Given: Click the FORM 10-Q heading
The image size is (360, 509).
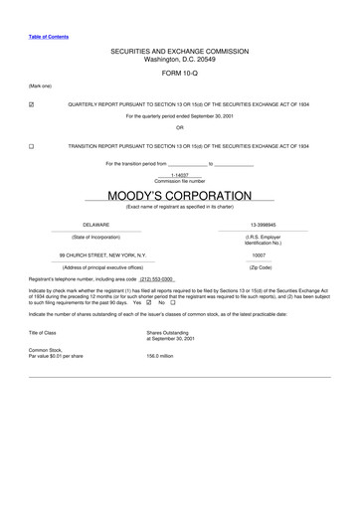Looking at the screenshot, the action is pos(179,74).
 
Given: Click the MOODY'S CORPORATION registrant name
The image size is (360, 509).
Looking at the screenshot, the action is pos(179,195).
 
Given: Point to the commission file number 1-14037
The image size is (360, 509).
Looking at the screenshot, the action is pos(179,175).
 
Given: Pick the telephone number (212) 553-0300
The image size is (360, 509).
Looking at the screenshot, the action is pos(158,279).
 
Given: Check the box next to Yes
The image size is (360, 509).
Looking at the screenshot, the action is pos(148,302).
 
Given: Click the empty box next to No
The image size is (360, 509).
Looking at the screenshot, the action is pos(173,302).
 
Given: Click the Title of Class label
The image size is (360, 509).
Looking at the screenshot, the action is pos(43,332).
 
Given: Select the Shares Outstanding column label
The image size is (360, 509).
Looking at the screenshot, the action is pos(167,332).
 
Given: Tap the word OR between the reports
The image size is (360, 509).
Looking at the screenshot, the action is pos(179,127).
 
